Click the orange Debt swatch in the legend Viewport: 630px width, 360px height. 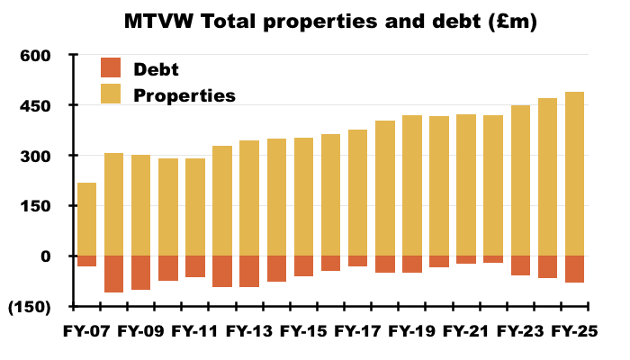[110, 67]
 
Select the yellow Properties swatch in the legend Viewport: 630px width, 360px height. [110, 94]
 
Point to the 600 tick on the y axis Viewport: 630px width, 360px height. [33, 56]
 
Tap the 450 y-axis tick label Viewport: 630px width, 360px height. [33, 106]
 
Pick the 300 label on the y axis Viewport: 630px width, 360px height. [33, 156]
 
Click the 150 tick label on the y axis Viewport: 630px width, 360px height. [33, 206]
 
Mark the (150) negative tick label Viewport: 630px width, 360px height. [28, 307]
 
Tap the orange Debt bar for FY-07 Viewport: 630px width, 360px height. [87, 261]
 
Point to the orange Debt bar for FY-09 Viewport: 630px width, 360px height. [141, 273]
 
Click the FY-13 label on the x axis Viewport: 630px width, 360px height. [249, 330]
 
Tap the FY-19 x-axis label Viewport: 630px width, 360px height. [411, 330]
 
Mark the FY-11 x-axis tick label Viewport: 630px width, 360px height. [195, 330]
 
